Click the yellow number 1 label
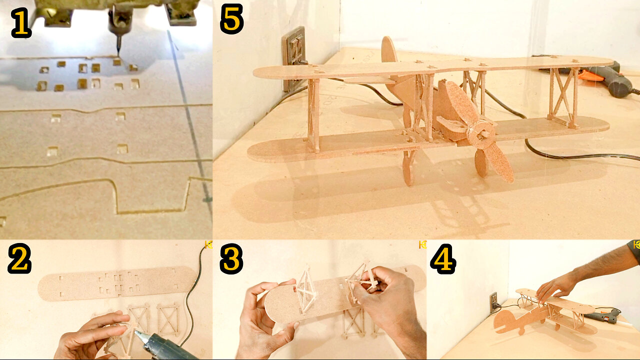tap(21, 23)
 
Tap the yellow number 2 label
tap(19, 258)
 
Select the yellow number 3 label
tap(231, 259)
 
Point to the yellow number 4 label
tap(443, 259)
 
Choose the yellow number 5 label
tap(231, 19)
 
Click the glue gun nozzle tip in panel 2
tap(137, 333)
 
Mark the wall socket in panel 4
tap(493, 302)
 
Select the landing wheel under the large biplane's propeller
tap(481, 163)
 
